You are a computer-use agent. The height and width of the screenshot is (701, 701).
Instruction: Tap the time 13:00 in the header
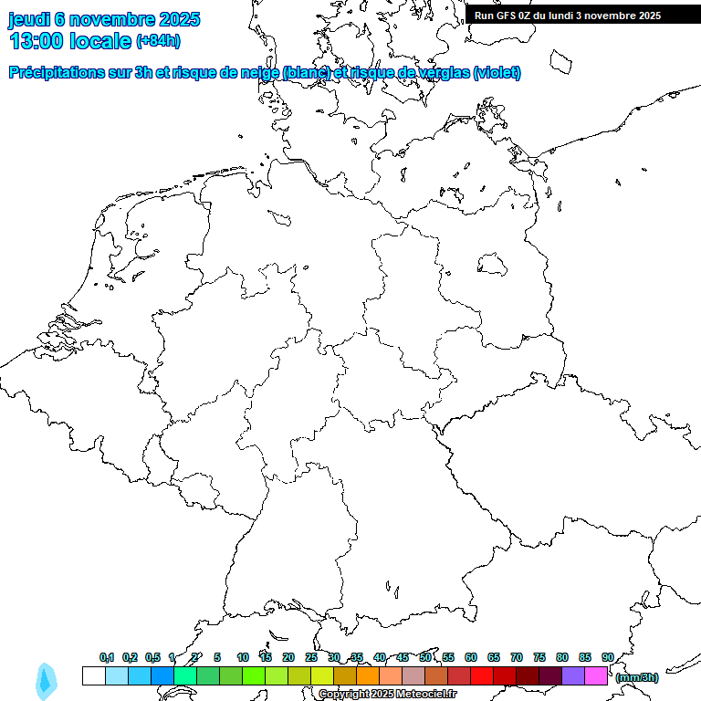click(37, 41)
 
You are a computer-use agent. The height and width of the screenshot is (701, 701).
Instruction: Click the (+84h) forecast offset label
click(159, 41)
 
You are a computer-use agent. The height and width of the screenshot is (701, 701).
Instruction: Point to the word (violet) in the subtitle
click(497, 73)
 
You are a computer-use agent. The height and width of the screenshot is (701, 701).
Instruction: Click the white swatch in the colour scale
click(93, 675)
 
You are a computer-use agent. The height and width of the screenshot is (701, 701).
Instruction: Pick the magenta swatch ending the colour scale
click(596, 675)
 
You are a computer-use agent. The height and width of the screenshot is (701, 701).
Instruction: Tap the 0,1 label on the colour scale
click(107, 657)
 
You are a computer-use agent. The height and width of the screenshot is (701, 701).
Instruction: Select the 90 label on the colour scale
click(608, 657)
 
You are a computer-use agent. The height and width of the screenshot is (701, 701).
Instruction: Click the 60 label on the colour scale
click(471, 657)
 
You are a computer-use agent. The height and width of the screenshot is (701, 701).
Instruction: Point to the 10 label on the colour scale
click(243, 657)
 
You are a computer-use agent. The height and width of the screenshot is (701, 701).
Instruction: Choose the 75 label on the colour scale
click(539, 657)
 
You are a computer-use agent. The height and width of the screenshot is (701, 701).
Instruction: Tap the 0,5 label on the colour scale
click(152, 657)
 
